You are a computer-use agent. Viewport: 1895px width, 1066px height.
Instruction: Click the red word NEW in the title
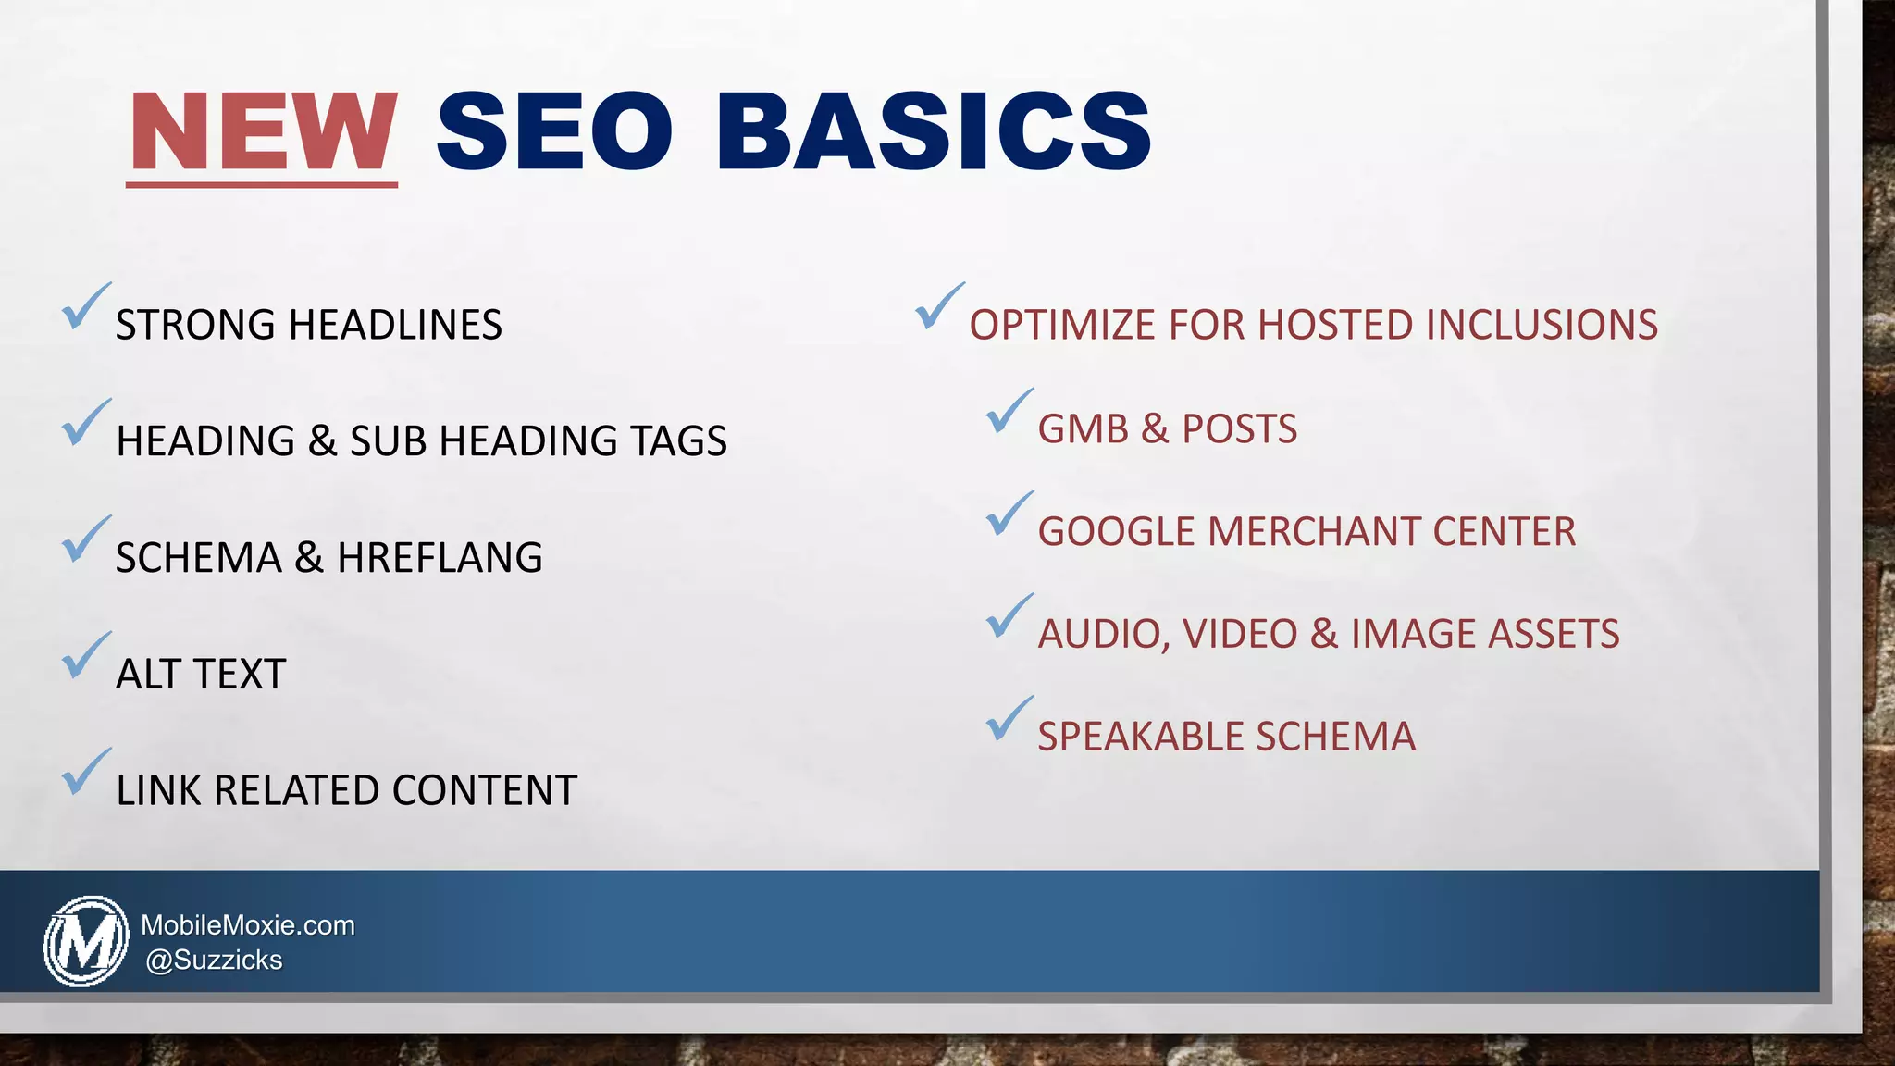263,131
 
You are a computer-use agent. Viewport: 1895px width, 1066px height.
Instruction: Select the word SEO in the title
553,131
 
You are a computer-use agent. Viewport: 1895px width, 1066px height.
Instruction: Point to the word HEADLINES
395,325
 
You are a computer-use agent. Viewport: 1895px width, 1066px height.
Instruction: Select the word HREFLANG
440,557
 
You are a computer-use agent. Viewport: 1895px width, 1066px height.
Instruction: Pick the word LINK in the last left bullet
158,790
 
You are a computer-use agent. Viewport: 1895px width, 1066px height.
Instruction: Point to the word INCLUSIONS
1542,325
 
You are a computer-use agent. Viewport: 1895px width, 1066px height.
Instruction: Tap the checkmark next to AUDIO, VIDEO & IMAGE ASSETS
1009,616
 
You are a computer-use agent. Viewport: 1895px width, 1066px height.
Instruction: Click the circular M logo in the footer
86,940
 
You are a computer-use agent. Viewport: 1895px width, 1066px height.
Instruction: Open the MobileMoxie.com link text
248,925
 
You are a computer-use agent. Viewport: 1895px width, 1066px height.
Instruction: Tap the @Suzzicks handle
214,961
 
